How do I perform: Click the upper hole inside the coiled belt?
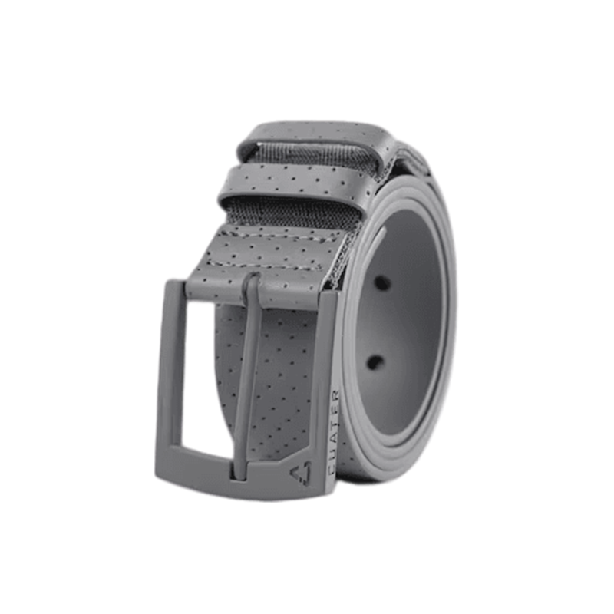(381, 282)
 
